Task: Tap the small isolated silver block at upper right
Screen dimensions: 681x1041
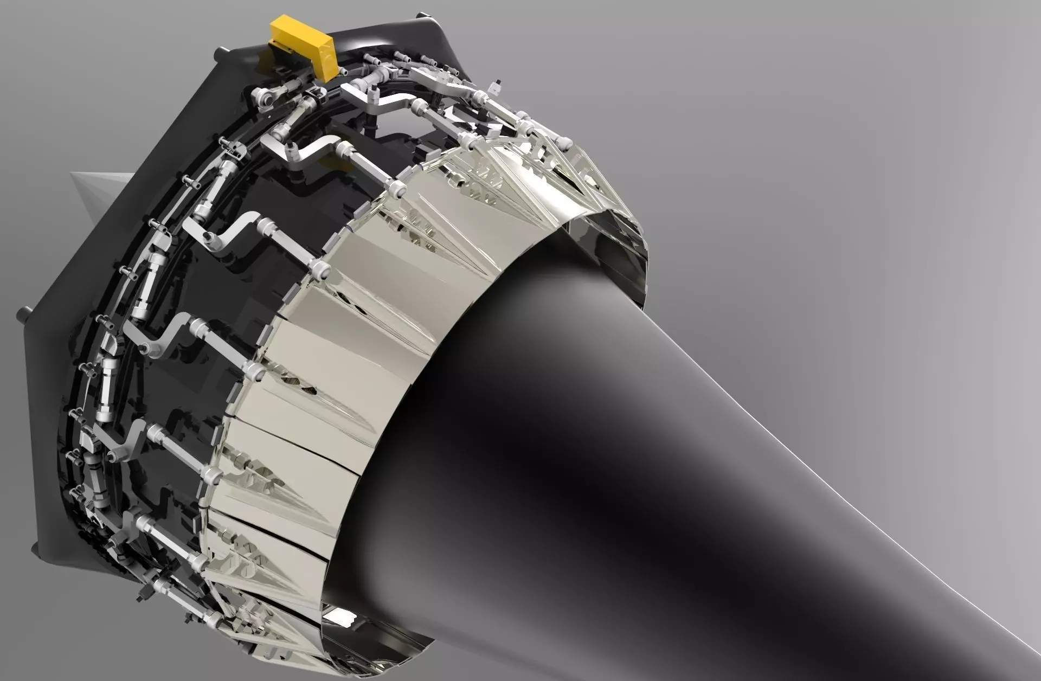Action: coord(496,85)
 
